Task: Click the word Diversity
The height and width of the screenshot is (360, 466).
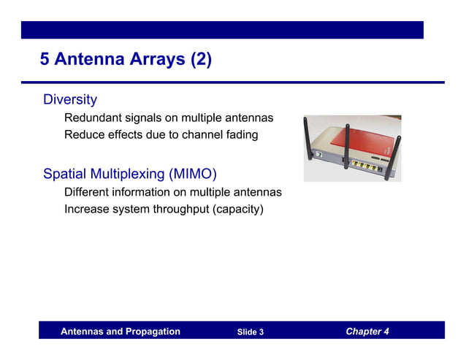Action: pyautogui.click(x=70, y=99)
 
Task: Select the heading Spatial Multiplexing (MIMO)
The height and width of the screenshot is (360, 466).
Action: pyautogui.click(x=130, y=174)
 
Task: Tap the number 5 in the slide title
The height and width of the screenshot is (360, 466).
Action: pyautogui.click(x=45, y=59)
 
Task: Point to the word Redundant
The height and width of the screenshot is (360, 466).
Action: pyautogui.click(x=92, y=118)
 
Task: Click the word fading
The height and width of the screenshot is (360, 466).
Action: pyautogui.click(x=241, y=135)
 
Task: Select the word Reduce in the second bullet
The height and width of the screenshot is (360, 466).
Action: pyautogui.click(x=83, y=135)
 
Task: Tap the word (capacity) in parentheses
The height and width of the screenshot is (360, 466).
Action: pyautogui.click(x=235, y=210)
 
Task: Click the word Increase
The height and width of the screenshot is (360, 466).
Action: pyautogui.click(x=87, y=210)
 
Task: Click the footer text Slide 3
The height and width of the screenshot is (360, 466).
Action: pyautogui.click(x=251, y=332)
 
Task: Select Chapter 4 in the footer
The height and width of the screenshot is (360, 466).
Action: pyautogui.click(x=367, y=332)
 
